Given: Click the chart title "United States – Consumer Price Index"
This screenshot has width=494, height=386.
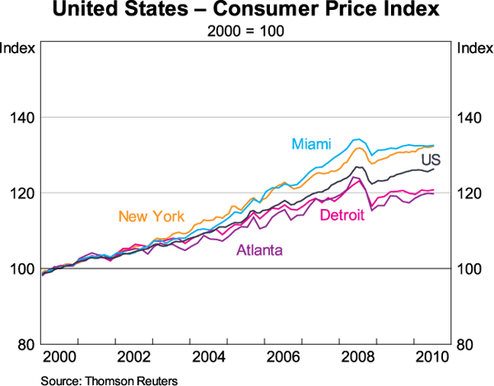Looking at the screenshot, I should click(246, 12).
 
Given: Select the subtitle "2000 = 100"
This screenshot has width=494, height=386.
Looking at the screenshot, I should click(246, 33).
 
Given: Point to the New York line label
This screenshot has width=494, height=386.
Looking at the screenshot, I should click(151, 217).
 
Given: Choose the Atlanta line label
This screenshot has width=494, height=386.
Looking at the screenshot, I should click(260, 250).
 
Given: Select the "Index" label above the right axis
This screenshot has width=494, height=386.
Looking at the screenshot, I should click(473, 47).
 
